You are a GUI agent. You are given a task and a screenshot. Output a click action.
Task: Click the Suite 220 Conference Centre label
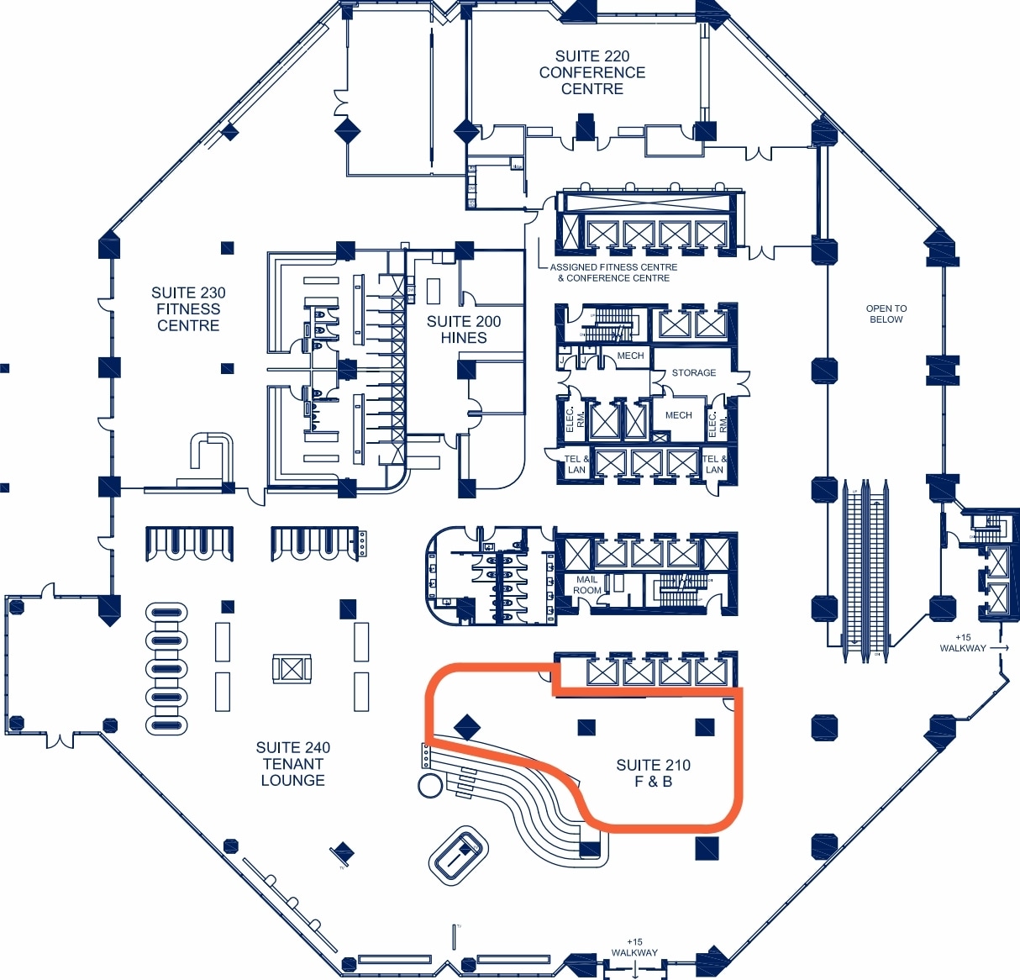coord(592,72)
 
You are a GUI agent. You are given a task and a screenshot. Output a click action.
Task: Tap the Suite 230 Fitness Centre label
coord(188,309)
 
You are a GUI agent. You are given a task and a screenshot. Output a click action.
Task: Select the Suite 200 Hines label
coord(464,329)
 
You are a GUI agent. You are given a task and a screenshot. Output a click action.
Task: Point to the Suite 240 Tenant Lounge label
coord(292,764)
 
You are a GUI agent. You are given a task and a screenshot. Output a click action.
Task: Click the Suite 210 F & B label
coord(653,773)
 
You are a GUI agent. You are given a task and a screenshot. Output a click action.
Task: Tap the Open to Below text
coord(886,314)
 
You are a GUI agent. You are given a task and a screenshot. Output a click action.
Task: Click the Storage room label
coord(694,372)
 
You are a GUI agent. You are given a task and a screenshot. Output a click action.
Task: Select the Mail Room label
coord(587,585)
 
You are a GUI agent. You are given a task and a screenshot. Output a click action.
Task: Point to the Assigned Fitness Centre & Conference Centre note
coord(613,272)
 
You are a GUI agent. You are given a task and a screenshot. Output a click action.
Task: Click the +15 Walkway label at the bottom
coord(634,948)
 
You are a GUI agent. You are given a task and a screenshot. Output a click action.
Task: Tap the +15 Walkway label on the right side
coord(963,643)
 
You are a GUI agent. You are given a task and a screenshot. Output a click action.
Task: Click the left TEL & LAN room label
coord(576,465)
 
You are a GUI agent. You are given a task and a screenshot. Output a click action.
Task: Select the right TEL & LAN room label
coord(713,465)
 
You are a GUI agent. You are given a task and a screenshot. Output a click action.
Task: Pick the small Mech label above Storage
coord(630,356)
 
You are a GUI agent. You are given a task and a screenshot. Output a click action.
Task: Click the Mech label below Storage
coord(678,415)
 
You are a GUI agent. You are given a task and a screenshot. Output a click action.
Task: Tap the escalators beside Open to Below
coord(866,572)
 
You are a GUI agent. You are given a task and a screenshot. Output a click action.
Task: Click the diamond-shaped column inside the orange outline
coord(466,727)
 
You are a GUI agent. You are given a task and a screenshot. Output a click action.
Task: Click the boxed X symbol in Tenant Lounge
coord(292,669)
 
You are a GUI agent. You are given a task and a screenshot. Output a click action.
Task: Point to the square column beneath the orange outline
coord(707,848)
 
